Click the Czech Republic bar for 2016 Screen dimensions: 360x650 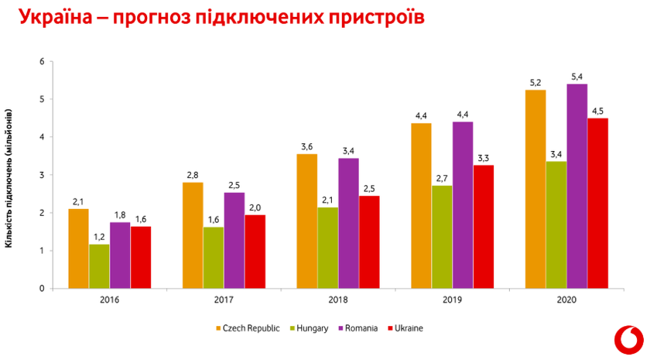coord(78,249)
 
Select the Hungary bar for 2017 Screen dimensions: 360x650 coord(214,258)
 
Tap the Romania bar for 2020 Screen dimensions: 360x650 coord(576,186)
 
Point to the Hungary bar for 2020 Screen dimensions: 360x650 coord(556,225)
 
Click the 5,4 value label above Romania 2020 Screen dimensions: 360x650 coord(576,77)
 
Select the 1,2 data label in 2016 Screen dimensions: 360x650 coord(99,236)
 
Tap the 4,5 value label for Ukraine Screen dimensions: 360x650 coord(597,111)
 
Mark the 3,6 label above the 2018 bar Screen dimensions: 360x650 coord(307,146)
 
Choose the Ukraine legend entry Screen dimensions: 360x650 coord(405,328)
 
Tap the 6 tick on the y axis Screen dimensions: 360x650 coord(42,61)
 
